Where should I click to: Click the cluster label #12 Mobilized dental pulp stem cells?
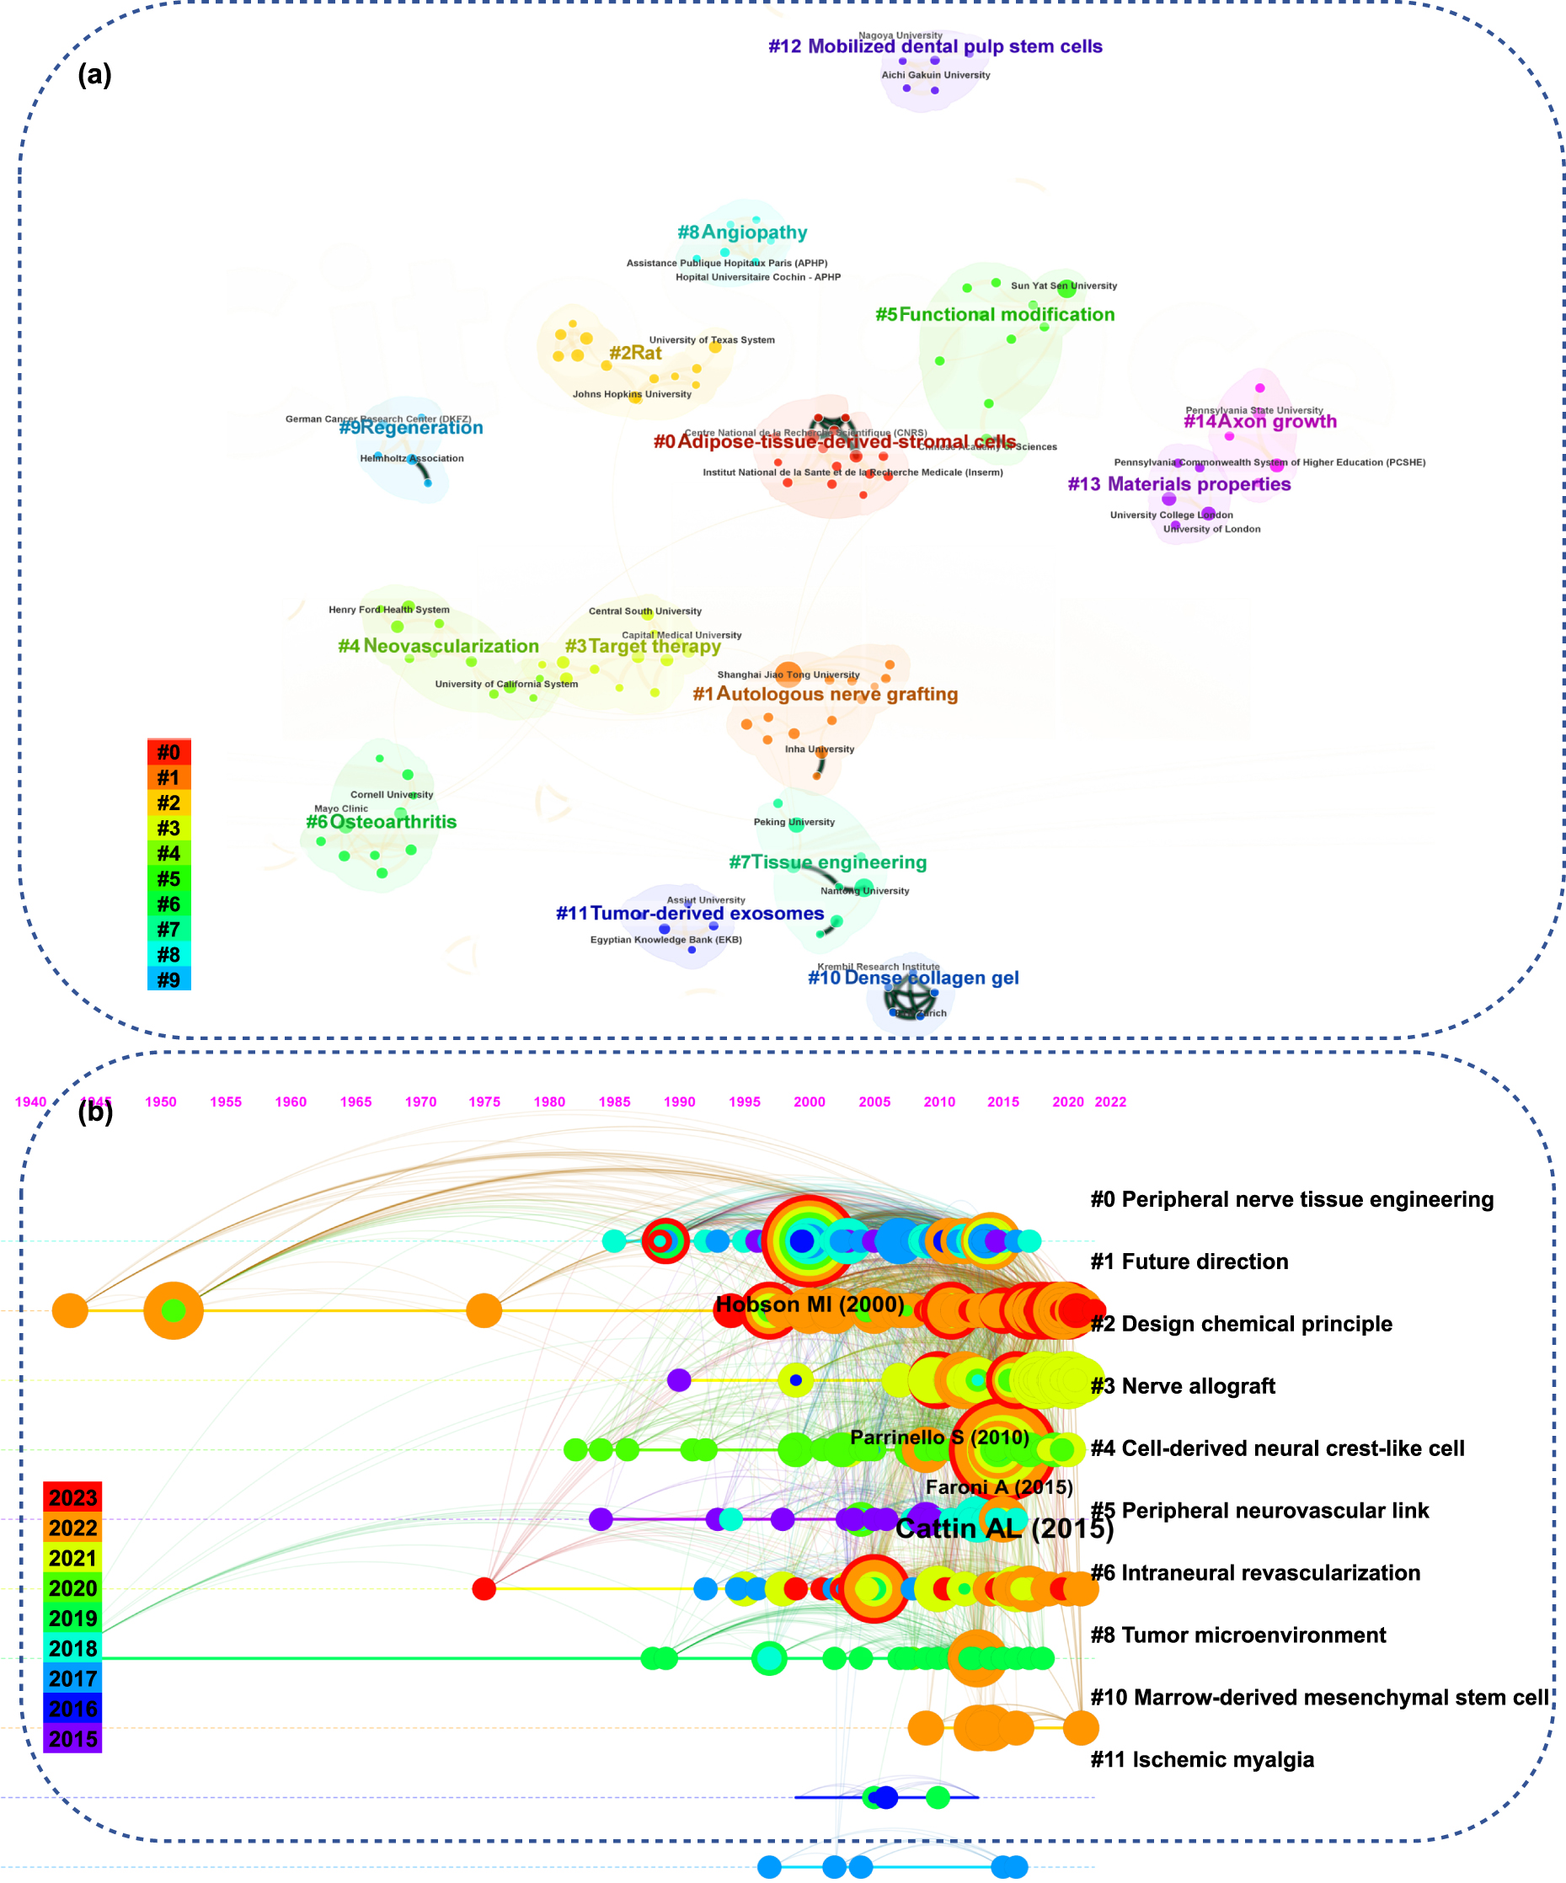(934, 46)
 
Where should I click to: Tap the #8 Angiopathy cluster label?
(742, 232)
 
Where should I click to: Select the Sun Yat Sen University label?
(1063, 286)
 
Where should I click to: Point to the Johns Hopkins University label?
(632, 394)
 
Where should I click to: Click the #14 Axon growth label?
(1259, 421)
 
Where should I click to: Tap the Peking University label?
(793, 822)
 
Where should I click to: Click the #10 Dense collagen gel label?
(912, 979)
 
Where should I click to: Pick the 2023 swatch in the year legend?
(72, 1498)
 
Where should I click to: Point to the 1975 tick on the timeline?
(484, 1103)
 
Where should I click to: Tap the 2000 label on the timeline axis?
(809, 1103)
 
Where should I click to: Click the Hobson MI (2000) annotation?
(809, 1305)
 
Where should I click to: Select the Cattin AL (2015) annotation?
(1003, 1529)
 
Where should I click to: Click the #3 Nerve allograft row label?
(1182, 1387)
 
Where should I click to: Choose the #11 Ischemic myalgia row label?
(1201, 1760)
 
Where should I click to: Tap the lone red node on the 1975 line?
(484, 1590)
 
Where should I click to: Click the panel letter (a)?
(94, 75)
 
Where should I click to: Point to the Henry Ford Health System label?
(388, 611)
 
